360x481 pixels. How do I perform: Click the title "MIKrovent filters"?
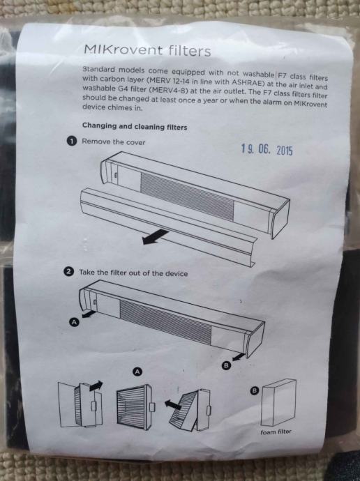[148, 50]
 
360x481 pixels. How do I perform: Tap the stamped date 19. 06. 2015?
[267, 149]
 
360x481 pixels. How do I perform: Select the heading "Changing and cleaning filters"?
[135, 126]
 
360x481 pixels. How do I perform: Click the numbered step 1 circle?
[71, 141]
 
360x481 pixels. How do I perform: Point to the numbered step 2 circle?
[69, 271]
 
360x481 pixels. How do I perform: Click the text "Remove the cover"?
[113, 142]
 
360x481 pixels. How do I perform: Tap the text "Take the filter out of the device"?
[133, 273]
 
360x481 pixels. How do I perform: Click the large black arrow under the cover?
[156, 237]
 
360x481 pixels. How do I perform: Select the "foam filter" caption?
[276, 432]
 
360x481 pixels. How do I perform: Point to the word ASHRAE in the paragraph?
[248, 82]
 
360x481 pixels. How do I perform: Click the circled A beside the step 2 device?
[75, 322]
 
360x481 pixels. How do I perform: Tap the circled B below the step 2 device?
[226, 365]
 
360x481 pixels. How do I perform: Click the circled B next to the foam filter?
[255, 390]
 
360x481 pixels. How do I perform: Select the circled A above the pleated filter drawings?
[137, 372]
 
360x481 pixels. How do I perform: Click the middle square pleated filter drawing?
[135, 405]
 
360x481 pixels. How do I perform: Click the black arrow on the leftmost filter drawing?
[96, 385]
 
